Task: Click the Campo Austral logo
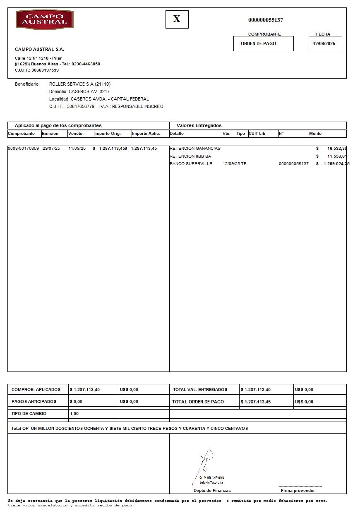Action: coord(45,20)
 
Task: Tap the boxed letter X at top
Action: coord(177,19)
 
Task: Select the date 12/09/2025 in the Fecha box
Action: coord(324,43)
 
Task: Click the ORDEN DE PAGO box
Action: coord(259,43)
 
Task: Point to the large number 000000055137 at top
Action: coord(266,20)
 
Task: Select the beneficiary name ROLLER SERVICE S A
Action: coord(72,84)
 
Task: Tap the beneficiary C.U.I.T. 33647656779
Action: coord(81,106)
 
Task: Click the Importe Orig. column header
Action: coord(108,134)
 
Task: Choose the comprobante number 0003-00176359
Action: coord(24,149)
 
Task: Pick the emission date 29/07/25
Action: coord(51,149)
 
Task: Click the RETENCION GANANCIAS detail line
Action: coord(195,149)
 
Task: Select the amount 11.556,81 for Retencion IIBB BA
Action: coord(337,156)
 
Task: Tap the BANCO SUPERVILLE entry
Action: coord(191,164)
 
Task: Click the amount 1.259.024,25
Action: coord(336,164)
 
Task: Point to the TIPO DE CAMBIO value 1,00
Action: coord(74,414)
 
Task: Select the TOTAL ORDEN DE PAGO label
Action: coord(198,402)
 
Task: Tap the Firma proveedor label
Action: coord(298,491)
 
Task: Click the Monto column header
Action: coord(315,134)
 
